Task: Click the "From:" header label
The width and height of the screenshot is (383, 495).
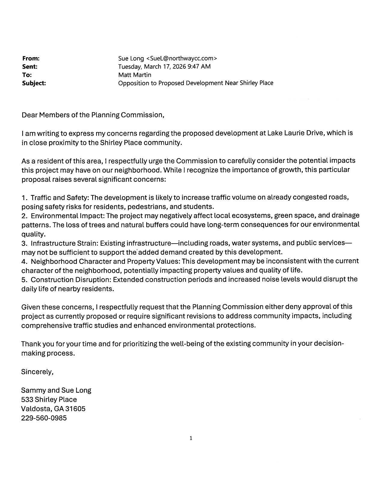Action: pyautogui.click(x=31, y=58)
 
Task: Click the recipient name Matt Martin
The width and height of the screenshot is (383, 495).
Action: pyautogui.click(x=135, y=75)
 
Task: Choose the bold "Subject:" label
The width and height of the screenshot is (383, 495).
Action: pyautogui.click(x=34, y=83)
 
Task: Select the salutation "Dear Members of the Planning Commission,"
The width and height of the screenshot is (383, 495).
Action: pyautogui.click(x=93, y=115)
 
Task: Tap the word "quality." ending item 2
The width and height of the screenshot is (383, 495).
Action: pyautogui.click(x=33, y=234)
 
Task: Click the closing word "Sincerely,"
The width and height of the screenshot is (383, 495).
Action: pyautogui.click(x=37, y=372)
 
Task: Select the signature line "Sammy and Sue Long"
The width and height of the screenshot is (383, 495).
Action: pyautogui.click(x=56, y=390)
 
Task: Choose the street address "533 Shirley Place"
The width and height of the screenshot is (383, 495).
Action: pyautogui.click(x=49, y=399)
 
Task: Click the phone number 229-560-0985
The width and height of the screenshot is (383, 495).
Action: pyautogui.click(x=44, y=418)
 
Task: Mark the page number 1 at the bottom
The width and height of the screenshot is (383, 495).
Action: pyautogui.click(x=191, y=438)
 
